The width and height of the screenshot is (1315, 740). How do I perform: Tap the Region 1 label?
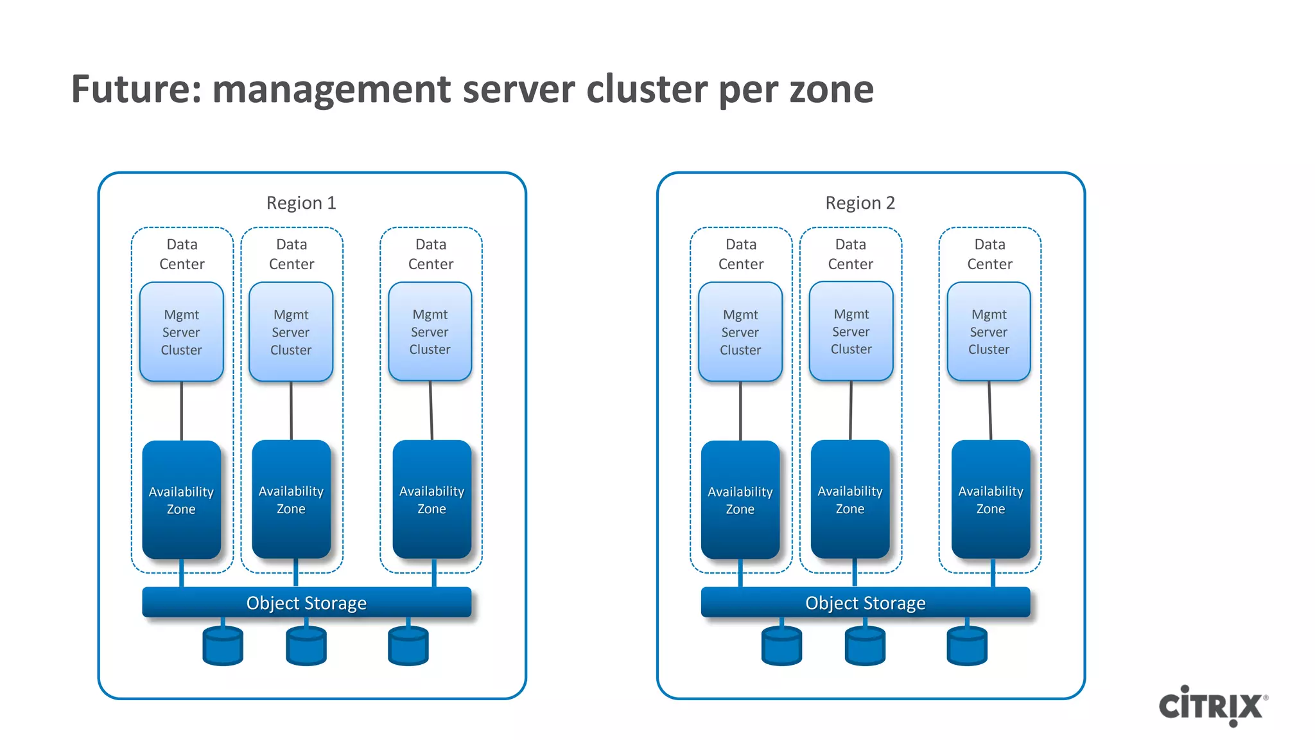tap(301, 203)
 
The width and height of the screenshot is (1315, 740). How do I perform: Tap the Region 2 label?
tap(860, 203)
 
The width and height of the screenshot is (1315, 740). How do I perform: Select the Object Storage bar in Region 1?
tap(306, 603)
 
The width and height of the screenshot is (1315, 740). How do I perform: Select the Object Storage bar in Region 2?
tap(865, 603)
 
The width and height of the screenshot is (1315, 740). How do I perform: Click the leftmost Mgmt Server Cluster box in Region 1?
tap(182, 332)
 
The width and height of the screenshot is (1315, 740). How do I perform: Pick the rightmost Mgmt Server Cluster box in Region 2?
tap(989, 331)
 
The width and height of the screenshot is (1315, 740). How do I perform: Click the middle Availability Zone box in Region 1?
tap(291, 499)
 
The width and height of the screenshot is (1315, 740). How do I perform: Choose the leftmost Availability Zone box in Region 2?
tap(740, 500)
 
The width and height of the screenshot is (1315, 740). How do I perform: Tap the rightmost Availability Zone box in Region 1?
tap(431, 499)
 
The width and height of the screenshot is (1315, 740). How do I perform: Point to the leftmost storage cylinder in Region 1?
tap(223, 646)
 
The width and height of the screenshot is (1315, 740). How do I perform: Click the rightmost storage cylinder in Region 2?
tap(966, 646)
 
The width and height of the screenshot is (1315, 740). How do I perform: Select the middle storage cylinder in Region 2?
tap(865, 646)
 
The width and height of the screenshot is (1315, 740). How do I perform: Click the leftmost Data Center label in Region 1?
tap(182, 254)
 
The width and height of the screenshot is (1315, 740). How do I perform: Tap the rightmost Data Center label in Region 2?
tap(989, 254)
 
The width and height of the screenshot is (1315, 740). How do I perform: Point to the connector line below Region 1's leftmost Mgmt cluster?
tap(182, 411)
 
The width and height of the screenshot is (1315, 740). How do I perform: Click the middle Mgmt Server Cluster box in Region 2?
tap(851, 331)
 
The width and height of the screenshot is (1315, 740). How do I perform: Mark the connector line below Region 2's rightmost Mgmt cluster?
tap(990, 411)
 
